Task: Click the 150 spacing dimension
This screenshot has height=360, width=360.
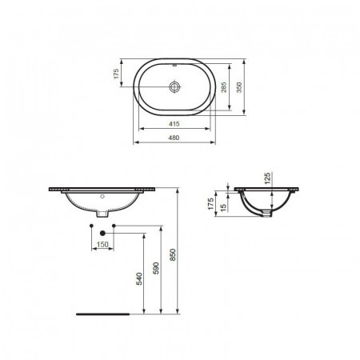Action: [x=102, y=245]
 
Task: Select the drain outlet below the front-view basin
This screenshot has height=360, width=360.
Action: [x=102, y=214]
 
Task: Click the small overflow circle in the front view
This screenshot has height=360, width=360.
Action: [x=102, y=195]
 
